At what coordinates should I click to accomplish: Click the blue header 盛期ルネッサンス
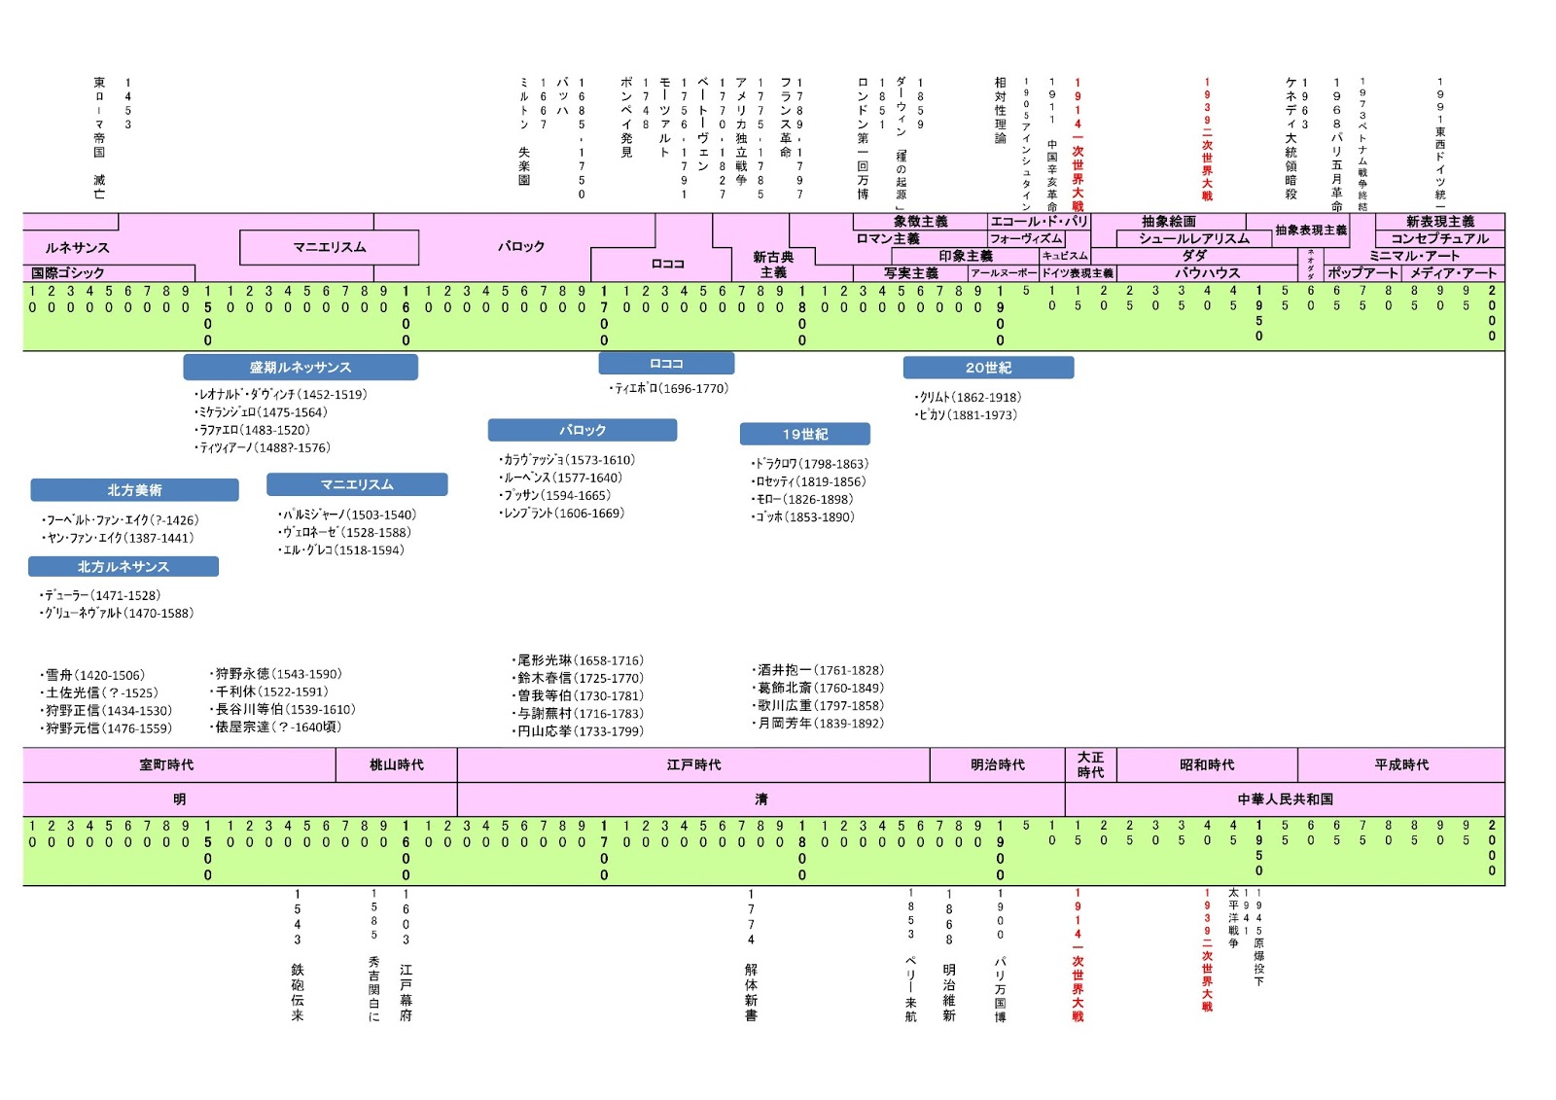coord(301,368)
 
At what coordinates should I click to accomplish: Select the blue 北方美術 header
coord(134,490)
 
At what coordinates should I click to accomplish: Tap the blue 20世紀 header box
coord(988,368)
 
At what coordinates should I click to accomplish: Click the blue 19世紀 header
coord(805,434)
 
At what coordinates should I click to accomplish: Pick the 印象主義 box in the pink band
coord(966,256)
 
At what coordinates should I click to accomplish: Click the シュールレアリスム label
coord(1194,238)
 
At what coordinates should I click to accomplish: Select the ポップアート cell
coord(1361,273)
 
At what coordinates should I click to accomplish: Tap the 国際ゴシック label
coord(68,273)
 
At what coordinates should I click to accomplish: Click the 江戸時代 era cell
coord(693,764)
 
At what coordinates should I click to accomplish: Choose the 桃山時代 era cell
coord(397,764)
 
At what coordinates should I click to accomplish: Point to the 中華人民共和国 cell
coord(1285,799)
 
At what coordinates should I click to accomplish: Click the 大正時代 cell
coord(1090,764)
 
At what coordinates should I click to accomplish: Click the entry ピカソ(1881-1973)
coord(968,415)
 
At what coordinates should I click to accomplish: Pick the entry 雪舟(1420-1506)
coord(94,675)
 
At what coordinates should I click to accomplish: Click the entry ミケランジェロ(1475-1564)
coord(263,412)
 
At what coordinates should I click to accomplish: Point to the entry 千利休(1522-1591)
coord(270,692)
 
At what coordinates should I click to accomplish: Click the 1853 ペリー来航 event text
coord(911,953)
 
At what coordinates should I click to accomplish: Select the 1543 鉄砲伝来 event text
coord(298,953)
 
